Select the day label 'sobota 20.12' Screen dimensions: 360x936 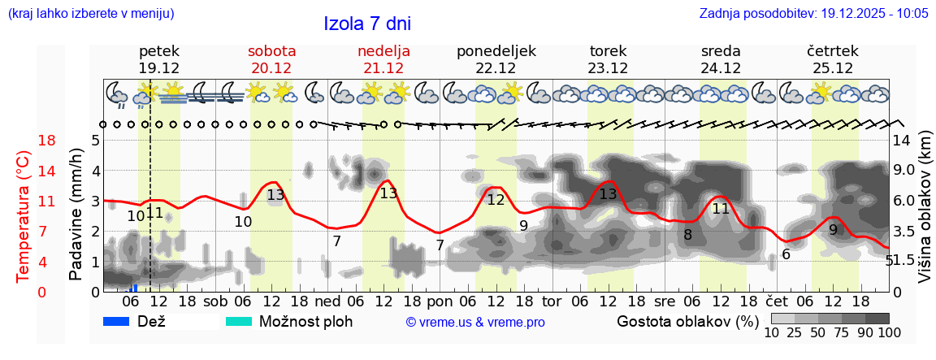tap(271, 59)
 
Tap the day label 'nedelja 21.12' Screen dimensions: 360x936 tap(383, 59)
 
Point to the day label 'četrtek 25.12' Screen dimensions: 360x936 tap(832, 59)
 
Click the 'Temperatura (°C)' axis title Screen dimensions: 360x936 tap(24, 217)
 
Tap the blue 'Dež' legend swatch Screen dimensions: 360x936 tap(118, 321)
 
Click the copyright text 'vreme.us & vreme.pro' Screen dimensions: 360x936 tap(475, 322)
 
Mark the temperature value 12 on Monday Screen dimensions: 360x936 tap(496, 199)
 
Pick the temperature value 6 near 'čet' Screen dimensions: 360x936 tap(786, 254)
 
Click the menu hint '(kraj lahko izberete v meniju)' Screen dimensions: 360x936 tap(90, 14)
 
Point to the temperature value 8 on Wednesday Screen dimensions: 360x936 tap(687, 236)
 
